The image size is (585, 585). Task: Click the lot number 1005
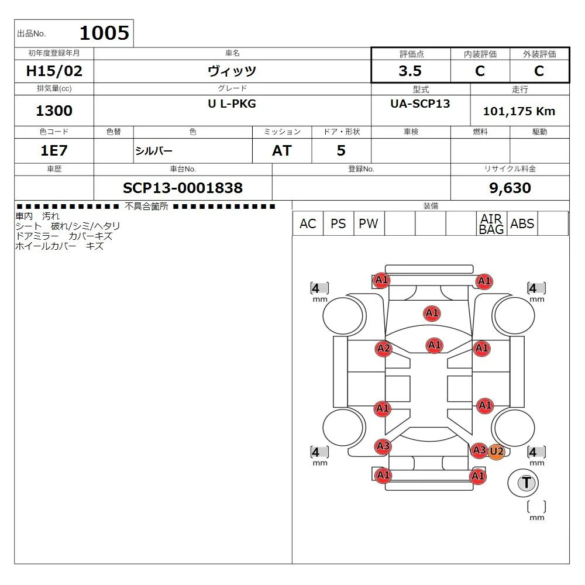[105, 33]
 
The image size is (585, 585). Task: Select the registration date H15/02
[54, 71]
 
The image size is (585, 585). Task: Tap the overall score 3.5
[410, 71]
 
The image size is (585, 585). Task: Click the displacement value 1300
[54, 111]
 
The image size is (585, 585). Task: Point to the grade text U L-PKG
[232, 104]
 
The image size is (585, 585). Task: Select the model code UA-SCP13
[420, 104]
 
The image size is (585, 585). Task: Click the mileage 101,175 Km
[519, 111]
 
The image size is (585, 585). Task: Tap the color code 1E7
[54, 151]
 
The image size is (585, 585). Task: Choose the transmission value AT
[282, 151]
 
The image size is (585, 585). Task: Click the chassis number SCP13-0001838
[183, 188]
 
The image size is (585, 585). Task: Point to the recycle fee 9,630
[510, 188]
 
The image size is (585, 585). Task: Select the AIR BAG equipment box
[491, 223]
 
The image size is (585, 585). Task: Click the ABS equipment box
[522, 223]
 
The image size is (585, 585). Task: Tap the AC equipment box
[308, 223]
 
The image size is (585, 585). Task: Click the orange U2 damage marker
[497, 452]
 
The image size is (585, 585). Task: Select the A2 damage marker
[384, 349]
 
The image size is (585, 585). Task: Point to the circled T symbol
[526, 483]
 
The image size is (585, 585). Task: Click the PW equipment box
[369, 223]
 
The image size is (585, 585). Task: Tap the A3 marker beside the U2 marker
[480, 450]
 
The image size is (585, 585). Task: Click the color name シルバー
[154, 151]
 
